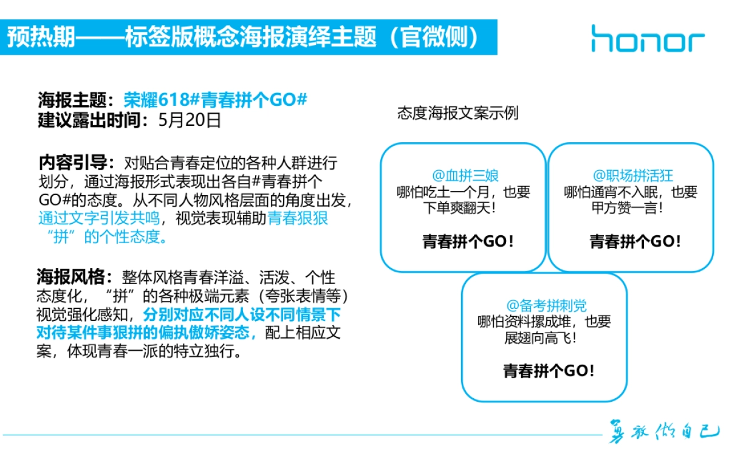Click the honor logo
648,38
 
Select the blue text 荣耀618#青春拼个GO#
216,100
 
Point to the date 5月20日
189,120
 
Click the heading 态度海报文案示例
458,114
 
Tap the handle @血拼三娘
465,176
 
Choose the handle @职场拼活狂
632,176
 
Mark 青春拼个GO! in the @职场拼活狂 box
635,241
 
